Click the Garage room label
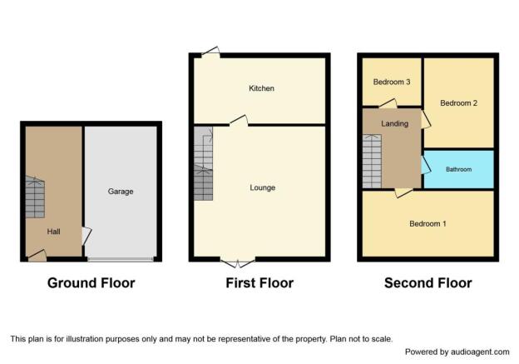click(121, 192)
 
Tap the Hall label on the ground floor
click(53, 232)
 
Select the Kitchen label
click(261, 88)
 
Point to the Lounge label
click(263, 187)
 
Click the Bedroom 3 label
click(392, 82)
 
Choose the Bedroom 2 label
click(459, 103)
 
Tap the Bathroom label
click(459, 169)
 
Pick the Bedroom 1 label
click(428, 224)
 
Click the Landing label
click(394, 123)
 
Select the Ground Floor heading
click(91, 283)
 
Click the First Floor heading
click(259, 283)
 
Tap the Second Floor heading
click(428, 283)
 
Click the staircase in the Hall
click(35, 197)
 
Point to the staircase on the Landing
click(372, 161)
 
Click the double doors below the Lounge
click(238, 262)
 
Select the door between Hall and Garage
click(86, 236)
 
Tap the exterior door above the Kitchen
click(211, 52)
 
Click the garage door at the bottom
click(121, 259)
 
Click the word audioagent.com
click(480, 352)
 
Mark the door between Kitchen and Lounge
click(239, 121)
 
